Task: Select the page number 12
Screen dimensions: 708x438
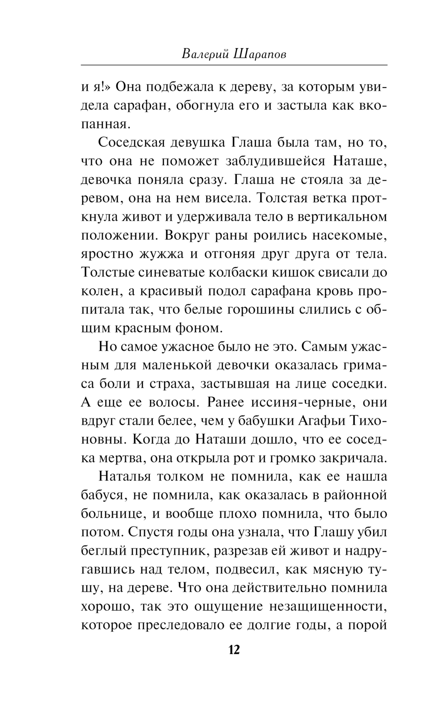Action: [x=234, y=650]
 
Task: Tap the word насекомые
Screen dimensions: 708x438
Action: [x=350, y=235]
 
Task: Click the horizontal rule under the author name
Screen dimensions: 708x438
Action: [x=234, y=65]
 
